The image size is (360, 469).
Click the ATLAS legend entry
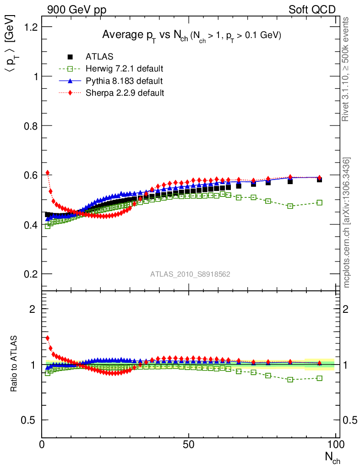(99, 57)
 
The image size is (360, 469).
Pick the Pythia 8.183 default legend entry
(124, 81)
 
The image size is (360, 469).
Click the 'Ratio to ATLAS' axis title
(15, 364)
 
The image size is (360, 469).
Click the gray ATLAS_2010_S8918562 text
(190, 274)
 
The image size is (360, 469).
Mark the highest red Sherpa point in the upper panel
(47, 173)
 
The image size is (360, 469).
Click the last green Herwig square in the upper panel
(319, 202)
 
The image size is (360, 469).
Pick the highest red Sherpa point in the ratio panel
(47, 338)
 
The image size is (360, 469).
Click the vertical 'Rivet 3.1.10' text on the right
(346, 69)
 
